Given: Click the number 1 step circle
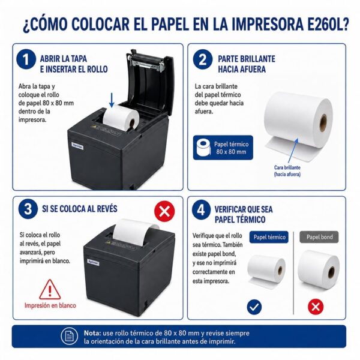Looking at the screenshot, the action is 26,59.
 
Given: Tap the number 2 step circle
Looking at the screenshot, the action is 203,59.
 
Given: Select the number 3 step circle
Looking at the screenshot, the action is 28,209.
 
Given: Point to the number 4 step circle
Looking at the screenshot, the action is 201,210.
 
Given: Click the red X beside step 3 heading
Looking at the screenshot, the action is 164,211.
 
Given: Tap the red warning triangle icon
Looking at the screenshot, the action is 50,290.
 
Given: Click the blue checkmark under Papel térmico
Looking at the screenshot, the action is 254,307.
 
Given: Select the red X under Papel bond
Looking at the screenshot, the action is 316,307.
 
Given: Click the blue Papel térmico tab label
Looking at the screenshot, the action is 269,237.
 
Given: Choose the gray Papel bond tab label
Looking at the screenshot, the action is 319,237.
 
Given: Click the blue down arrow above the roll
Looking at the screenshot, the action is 112,100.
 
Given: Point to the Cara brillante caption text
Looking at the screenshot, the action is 287,171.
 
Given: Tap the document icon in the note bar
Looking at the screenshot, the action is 69,337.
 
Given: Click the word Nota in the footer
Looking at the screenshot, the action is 92,333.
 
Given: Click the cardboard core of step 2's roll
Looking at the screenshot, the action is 323,123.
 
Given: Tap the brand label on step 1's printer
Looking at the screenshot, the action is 77,146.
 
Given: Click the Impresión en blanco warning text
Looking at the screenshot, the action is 50,305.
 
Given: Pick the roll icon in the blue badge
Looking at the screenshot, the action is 203,147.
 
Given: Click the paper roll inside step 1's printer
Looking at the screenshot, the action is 121,118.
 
